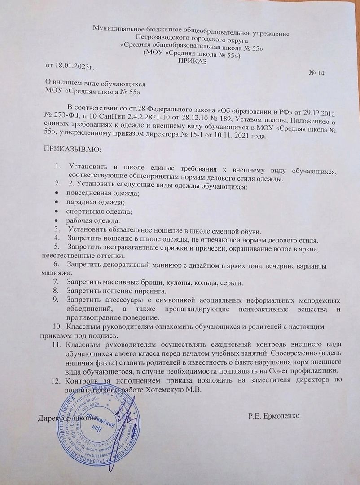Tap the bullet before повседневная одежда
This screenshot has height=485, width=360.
click(x=57, y=194)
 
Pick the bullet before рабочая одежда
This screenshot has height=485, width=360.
click(x=57, y=220)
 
